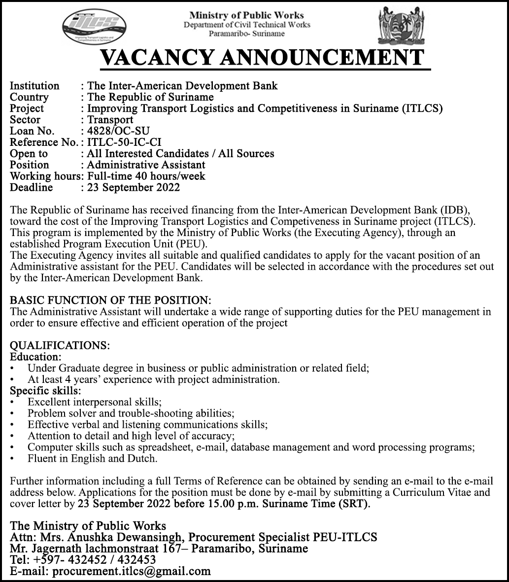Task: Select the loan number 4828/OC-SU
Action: tap(118, 131)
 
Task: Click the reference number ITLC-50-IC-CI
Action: tap(124, 142)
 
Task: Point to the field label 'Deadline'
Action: tap(31, 187)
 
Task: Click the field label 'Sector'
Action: tap(25, 120)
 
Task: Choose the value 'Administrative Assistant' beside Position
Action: tap(146, 165)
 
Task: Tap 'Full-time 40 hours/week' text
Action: tap(146, 176)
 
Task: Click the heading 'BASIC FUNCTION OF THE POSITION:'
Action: tap(111, 301)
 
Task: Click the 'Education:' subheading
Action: tap(36, 357)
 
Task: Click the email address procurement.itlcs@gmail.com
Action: tap(132, 572)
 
